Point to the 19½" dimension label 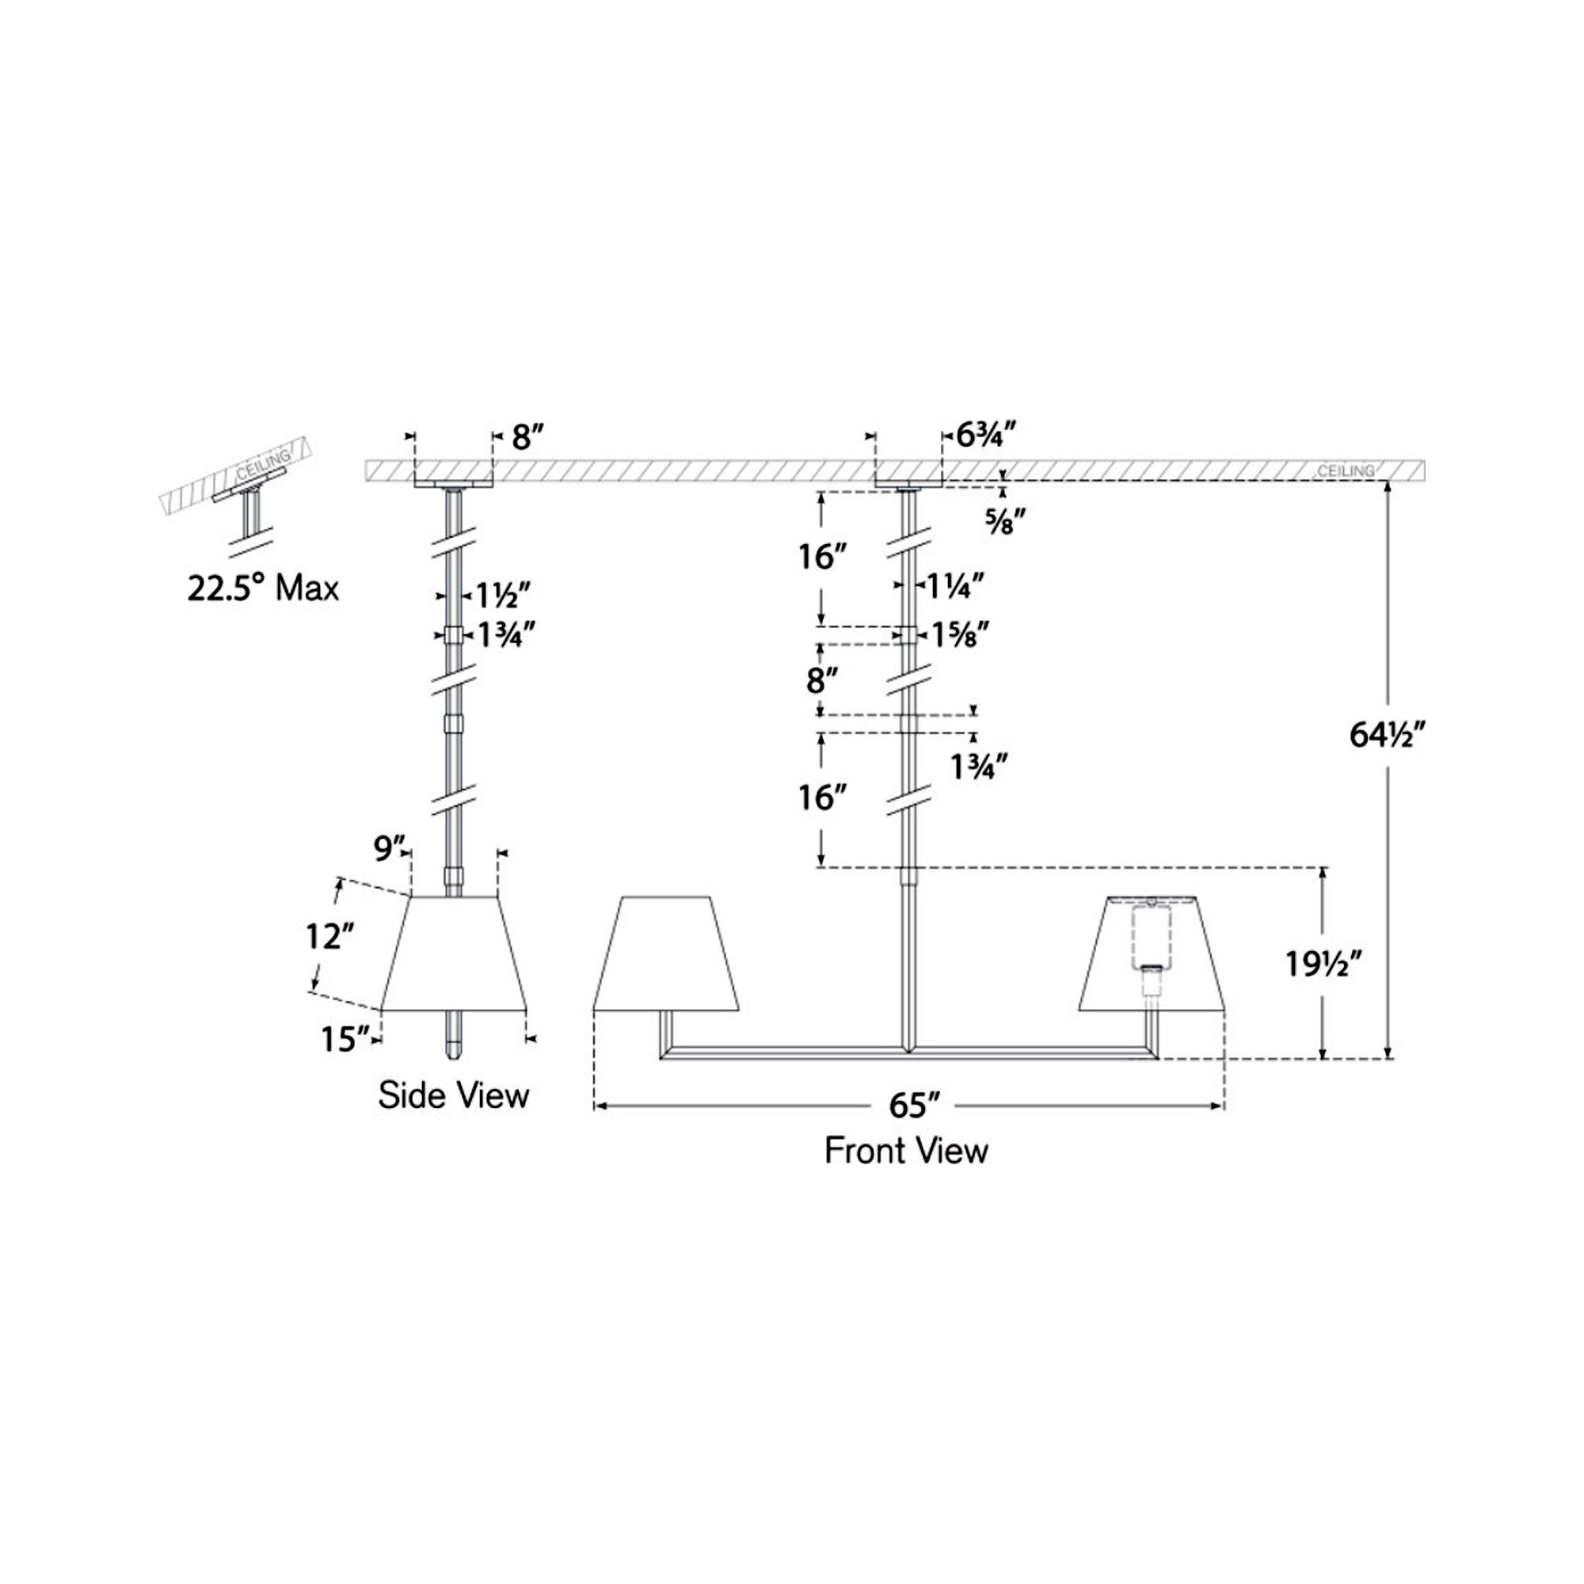pos(1324,965)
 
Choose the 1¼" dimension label pos(954,586)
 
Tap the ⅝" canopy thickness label pos(1005,521)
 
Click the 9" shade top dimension pos(389,848)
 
